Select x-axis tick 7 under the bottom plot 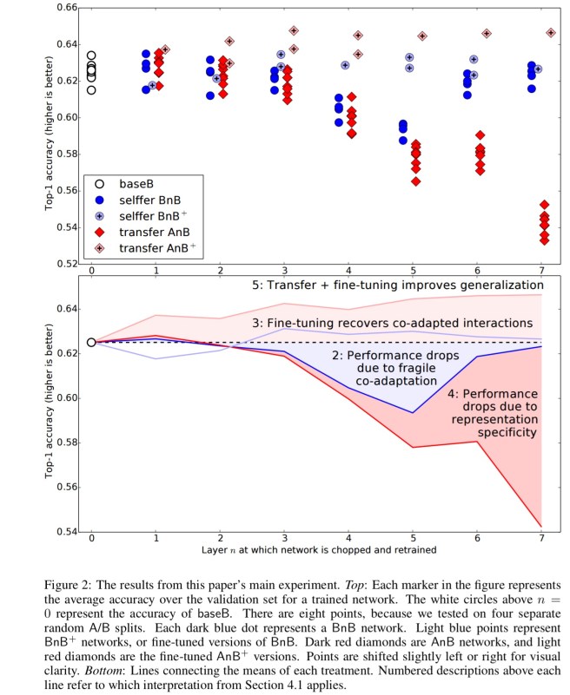point(542,541)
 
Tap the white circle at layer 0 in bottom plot point(91,342)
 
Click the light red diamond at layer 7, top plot point(551,33)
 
